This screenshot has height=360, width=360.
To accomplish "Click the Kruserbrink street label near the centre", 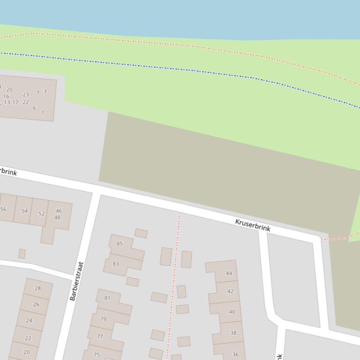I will (x=253, y=225).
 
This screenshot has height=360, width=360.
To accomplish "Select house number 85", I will (x=120, y=244).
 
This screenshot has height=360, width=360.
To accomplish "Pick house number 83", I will (x=116, y=264).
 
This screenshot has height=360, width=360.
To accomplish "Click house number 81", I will (x=107, y=298).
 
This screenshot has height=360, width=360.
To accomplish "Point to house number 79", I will (x=103, y=319).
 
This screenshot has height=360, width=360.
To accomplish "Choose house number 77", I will (x=100, y=336).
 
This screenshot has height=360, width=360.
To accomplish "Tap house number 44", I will (x=229, y=273).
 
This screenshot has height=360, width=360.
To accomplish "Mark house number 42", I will (x=230, y=291).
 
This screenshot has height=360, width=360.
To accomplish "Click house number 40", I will (x=232, y=312).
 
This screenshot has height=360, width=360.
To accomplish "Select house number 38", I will (x=233, y=333).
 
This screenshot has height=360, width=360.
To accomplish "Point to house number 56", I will (x=3, y=209).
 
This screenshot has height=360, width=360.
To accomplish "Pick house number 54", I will (x=24, y=211).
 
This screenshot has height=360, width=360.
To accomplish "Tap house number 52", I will (x=42, y=214).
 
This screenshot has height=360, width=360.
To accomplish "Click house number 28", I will (x=38, y=288).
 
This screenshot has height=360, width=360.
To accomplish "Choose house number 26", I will (x=36, y=304).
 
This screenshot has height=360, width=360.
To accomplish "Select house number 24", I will (x=29, y=320).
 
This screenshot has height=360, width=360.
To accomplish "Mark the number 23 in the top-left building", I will (x=26, y=94).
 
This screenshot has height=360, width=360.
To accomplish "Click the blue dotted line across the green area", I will (x=187, y=70).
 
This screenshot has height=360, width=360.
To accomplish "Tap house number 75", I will (x=97, y=354).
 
